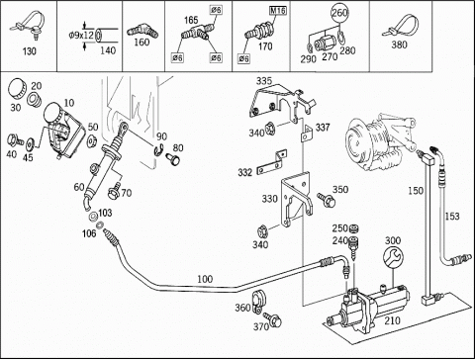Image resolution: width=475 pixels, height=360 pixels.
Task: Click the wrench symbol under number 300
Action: click(x=393, y=257)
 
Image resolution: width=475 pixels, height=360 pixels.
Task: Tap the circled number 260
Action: click(x=339, y=13)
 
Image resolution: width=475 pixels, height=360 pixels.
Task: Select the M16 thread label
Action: click(x=278, y=11)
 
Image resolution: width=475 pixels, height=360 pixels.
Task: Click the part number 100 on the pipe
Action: click(x=205, y=279)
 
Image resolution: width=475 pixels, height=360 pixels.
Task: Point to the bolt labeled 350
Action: click(x=326, y=199)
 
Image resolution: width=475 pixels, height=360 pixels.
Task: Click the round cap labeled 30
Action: click(x=16, y=89)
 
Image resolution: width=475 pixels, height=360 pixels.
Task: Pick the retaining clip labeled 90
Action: click(x=159, y=149)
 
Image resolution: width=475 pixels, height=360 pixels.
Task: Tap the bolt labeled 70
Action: click(x=114, y=191)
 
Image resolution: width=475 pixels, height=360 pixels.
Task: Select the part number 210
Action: click(x=392, y=320)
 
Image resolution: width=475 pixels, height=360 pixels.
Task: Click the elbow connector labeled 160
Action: click(x=142, y=31)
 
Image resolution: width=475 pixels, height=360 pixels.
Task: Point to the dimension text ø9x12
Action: click(x=81, y=35)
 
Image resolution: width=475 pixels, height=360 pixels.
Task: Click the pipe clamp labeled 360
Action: click(x=258, y=301)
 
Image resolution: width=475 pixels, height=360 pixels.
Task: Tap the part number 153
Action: click(x=452, y=217)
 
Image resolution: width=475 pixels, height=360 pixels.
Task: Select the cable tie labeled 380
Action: click(x=401, y=26)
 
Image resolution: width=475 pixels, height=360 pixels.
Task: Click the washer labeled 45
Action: click(x=31, y=143)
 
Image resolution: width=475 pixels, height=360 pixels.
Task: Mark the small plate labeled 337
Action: click(x=306, y=134)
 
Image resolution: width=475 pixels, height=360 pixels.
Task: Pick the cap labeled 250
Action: click(x=354, y=228)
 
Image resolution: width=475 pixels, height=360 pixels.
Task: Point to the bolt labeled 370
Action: click(x=274, y=319)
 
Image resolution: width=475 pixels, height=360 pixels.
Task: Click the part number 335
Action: click(x=264, y=81)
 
